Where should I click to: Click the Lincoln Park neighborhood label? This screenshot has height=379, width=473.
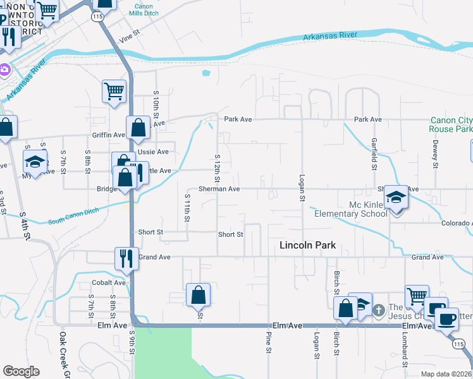309,245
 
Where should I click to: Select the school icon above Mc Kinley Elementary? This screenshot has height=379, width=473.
396,198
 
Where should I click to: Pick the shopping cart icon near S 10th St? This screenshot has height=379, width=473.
114,91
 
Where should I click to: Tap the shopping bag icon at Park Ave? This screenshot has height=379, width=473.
138,128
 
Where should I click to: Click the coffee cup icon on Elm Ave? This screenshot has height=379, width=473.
447,318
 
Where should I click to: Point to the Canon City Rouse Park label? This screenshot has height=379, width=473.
451,124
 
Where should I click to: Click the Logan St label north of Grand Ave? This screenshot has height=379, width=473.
302,188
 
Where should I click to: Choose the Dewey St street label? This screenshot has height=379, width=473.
435,155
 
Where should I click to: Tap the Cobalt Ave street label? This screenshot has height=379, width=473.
108,282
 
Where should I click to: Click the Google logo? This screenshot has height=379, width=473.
21,371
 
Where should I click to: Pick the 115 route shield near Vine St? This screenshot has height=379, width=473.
97,18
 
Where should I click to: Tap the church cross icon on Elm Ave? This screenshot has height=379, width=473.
378,310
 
